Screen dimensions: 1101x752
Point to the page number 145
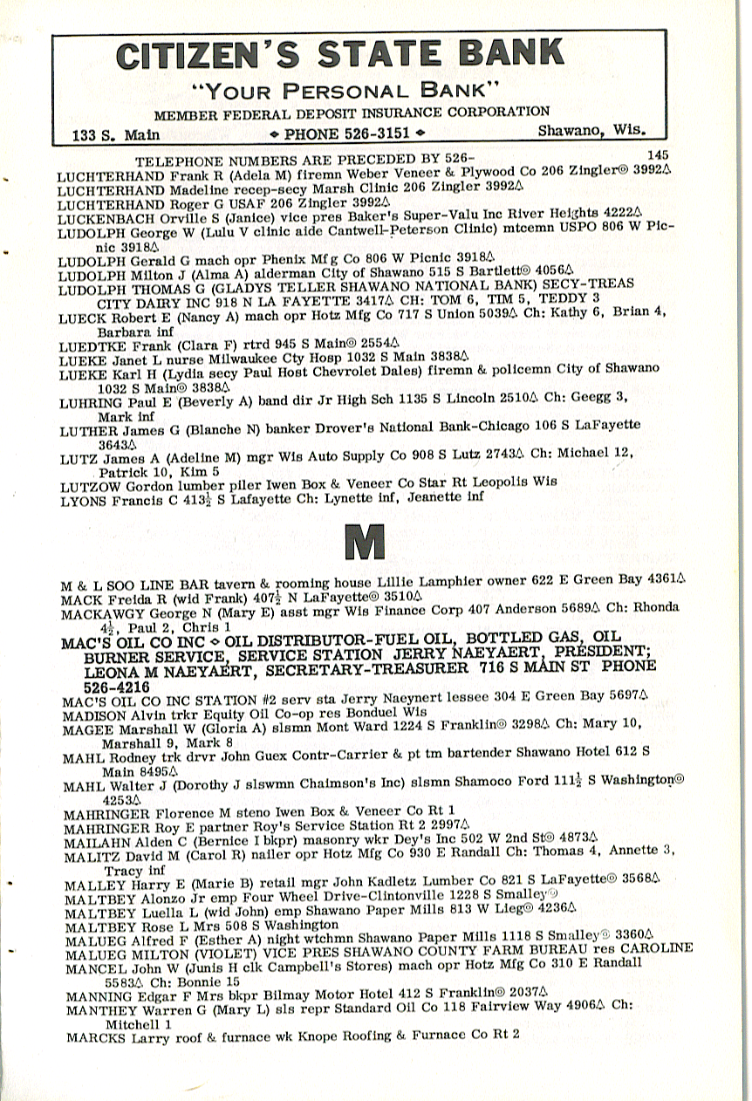coord(659,154)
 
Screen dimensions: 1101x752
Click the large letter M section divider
coord(366,542)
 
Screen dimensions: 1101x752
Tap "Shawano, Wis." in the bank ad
coord(591,131)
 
